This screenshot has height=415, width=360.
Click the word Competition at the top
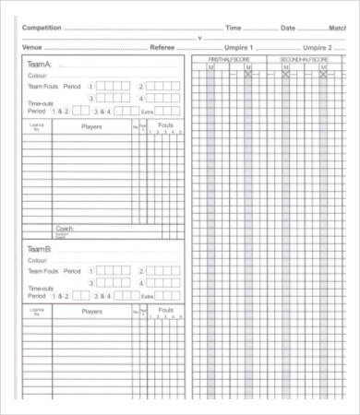(x=42, y=28)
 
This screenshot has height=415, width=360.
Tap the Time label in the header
(x=234, y=28)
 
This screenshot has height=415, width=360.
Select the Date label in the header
(x=288, y=28)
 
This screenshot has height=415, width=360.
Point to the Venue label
(x=31, y=46)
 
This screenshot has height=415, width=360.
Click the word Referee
(x=162, y=46)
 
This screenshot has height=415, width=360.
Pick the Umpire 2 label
(x=317, y=46)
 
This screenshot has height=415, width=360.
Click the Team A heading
(x=41, y=64)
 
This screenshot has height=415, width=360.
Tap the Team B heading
(x=41, y=249)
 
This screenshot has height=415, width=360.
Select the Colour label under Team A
(x=37, y=76)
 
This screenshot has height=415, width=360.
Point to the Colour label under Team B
(x=37, y=261)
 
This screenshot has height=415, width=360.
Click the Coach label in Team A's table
(x=65, y=228)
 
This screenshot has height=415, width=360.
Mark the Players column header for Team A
(x=92, y=126)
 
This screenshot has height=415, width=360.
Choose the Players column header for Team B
(x=92, y=312)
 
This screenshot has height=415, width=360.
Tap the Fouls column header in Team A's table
(x=165, y=124)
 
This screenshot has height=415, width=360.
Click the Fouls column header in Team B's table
(x=165, y=308)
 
